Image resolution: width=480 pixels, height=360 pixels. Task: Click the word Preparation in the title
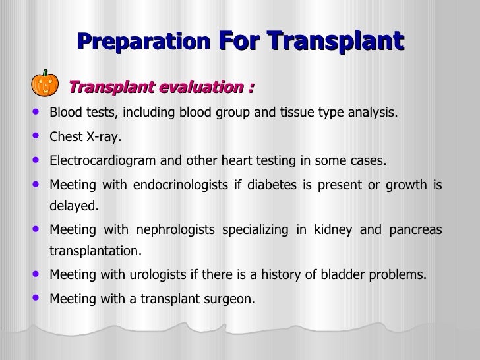pyautogui.click(x=143, y=42)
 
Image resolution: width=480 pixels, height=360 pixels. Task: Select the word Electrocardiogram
pyautogui.click(x=98, y=162)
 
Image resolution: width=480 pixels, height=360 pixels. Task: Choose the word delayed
pyautogui.click(x=74, y=206)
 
